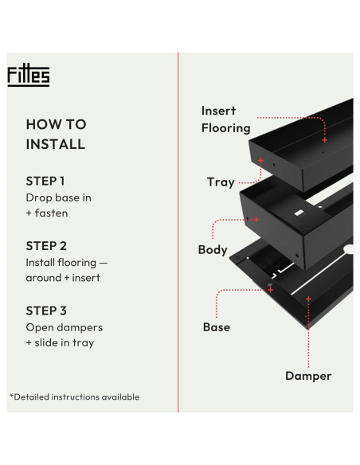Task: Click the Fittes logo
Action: tap(29, 75)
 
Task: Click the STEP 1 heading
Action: tap(45, 182)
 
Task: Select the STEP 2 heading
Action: tap(46, 246)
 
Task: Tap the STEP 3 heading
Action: tap(46, 311)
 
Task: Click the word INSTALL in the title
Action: tap(56, 144)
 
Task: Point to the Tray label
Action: tap(221, 182)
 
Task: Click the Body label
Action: tap(213, 250)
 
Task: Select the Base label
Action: tap(217, 327)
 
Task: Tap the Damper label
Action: tap(308, 376)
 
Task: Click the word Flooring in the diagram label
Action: tap(226, 128)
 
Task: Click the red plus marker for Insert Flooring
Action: tap(325, 140)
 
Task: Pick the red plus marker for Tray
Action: tap(260, 160)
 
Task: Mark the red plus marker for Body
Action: tap(256, 220)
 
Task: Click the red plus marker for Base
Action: tap(271, 290)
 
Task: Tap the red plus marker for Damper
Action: tap(308, 299)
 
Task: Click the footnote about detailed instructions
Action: tap(74, 397)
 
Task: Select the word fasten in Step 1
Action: tap(51, 213)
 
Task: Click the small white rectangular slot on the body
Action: tap(299, 213)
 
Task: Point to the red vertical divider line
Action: tap(178, 232)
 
